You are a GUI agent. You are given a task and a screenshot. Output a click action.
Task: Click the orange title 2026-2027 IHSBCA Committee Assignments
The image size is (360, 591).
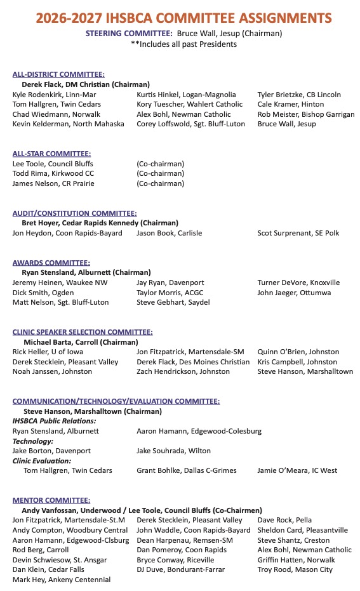[180, 17]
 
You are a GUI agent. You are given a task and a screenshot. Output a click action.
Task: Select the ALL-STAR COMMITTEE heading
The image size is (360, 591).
[51, 154]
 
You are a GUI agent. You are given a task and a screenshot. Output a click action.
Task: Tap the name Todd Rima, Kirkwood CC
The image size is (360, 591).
[53, 173]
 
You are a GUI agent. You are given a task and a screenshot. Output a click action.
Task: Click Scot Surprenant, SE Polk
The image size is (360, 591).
[298, 233]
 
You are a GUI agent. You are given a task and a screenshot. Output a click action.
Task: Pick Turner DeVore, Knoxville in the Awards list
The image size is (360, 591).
[298, 282]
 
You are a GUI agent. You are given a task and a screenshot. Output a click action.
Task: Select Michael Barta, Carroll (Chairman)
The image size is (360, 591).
[81, 342]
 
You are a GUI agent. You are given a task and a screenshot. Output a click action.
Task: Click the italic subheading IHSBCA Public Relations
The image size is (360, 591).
[55, 421]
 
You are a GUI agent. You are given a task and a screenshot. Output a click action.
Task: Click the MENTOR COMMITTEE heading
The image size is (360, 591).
[51, 500]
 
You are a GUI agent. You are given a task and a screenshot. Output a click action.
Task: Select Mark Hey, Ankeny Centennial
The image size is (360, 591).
[62, 580]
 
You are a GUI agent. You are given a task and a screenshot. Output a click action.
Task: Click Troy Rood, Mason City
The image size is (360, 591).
[295, 570]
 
